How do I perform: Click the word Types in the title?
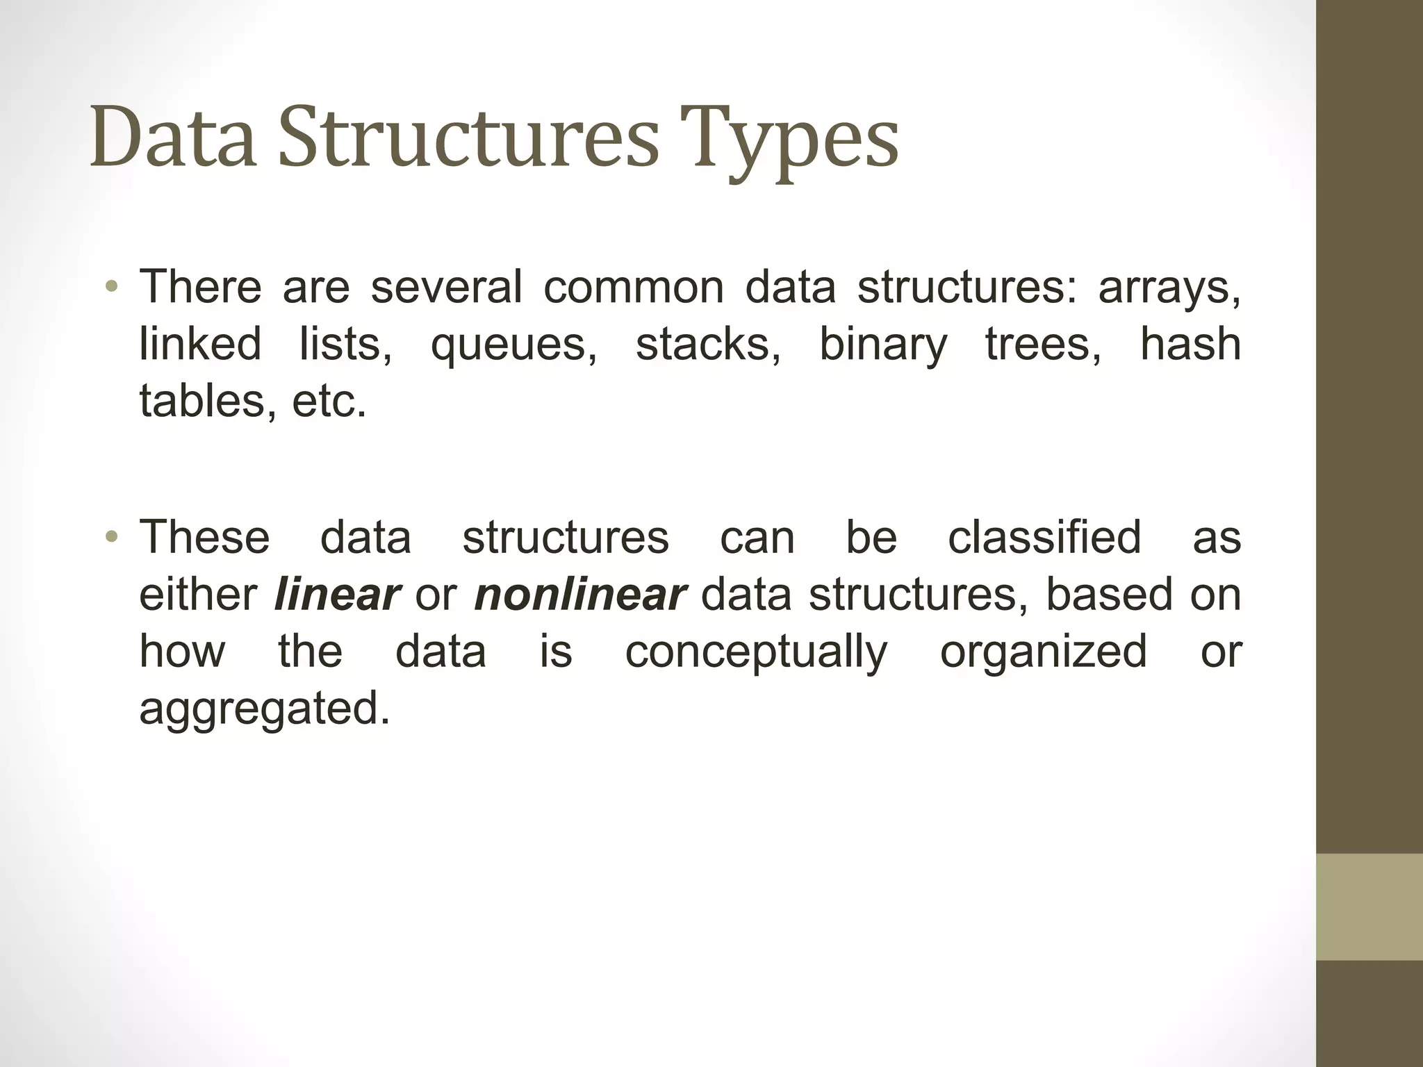[x=789, y=139]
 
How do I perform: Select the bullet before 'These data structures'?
[x=112, y=537]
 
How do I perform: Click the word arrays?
[x=1169, y=288]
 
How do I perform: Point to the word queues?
[x=513, y=346]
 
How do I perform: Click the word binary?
[x=882, y=346]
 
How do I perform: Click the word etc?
[x=328, y=402]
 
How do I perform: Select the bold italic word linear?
[x=337, y=595]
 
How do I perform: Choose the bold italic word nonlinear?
[x=580, y=595]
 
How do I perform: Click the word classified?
[x=1044, y=537]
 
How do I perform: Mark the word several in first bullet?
[x=446, y=287]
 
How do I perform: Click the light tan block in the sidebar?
[x=1369, y=907]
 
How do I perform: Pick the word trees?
[x=1042, y=345]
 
